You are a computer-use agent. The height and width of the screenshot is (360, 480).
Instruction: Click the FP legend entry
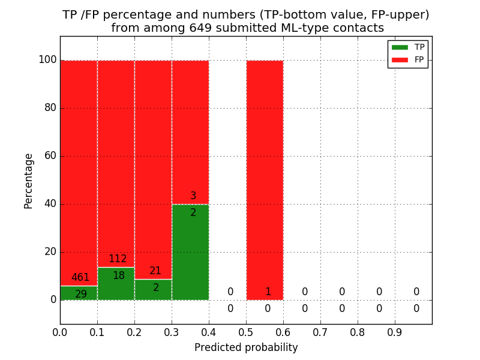pyautogui.click(x=408, y=59)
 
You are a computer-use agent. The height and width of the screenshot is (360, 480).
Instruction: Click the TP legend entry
pyautogui.click(x=408, y=47)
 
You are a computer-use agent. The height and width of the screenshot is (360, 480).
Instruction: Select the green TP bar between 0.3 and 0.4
pyautogui.click(x=190, y=252)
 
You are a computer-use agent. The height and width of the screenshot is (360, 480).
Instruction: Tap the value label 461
pyautogui.click(x=80, y=278)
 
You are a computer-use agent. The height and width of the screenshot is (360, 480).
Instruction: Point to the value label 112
pyautogui.click(x=118, y=259)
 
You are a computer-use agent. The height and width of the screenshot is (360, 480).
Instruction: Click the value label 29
pyautogui.click(x=81, y=295)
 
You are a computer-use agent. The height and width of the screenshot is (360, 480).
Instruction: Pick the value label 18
pyautogui.click(x=119, y=276)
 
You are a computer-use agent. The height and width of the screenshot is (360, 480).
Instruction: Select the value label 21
pyautogui.click(x=155, y=271)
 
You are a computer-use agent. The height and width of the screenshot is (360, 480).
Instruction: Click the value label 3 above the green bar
pyautogui.click(x=193, y=196)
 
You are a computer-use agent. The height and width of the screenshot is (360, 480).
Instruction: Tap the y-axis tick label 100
pyautogui.click(x=47, y=60)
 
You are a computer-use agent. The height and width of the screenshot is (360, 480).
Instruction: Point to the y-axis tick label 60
pyautogui.click(x=50, y=156)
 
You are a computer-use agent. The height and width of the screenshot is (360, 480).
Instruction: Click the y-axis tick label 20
pyautogui.click(x=50, y=252)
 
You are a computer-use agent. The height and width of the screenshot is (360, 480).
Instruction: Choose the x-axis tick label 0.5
pyautogui.click(x=246, y=331)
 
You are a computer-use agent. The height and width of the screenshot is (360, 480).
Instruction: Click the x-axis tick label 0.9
pyautogui.click(x=395, y=331)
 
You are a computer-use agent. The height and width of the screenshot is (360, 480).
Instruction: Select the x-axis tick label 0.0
pyautogui.click(x=60, y=331)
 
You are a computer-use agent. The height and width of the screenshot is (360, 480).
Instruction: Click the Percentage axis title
pyautogui.click(x=28, y=181)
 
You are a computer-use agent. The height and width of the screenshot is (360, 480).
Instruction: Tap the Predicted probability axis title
pyautogui.click(x=246, y=347)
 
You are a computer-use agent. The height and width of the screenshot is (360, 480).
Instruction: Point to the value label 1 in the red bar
pyautogui.click(x=268, y=292)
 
